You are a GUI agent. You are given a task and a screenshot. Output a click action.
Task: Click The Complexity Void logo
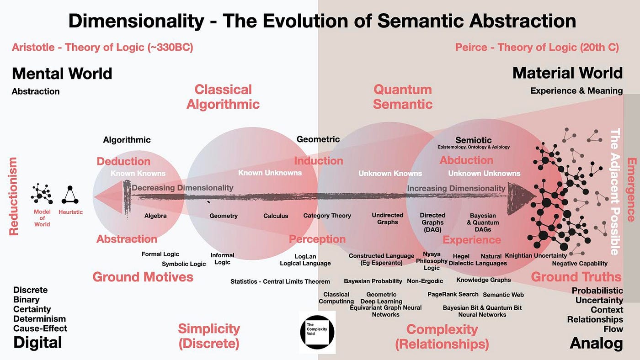click(x=317, y=332)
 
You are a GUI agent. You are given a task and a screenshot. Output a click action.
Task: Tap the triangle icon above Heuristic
click(x=70, y=195)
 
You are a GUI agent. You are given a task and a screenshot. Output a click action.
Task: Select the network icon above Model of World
click(x=42, y=194)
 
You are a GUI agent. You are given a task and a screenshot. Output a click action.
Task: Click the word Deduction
click(x=123, y=161)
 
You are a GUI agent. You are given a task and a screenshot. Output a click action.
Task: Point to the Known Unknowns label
click(x=270, y=173)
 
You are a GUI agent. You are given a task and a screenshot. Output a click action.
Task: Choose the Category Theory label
click(x=327, y=216)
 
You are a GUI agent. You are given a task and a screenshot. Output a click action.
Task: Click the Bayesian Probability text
click(x=373, y=281)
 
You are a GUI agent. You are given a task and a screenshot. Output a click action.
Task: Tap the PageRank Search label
click(x=453, y=294)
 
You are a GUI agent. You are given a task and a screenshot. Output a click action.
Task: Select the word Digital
click(x=37, y=343)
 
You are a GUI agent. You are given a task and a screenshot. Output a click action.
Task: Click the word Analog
click(x=596, y=343)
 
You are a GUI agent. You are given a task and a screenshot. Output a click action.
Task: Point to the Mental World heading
click(x=62, y=74)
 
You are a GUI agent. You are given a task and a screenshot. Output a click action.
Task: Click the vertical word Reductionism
click(x=14, y=196)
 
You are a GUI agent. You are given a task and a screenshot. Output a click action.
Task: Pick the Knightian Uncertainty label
click(x=536, y=255)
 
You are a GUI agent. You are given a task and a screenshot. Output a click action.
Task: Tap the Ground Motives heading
click(x=143, y=277)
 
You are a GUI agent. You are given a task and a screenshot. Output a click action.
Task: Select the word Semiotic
click(x=474, y=140)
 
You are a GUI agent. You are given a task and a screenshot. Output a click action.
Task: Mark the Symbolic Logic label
click(x=184, y=264)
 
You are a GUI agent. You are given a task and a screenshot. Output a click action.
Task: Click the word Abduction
click(x=466, y=160)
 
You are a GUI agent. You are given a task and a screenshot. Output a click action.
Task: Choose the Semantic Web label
click(x=503, y=295)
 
